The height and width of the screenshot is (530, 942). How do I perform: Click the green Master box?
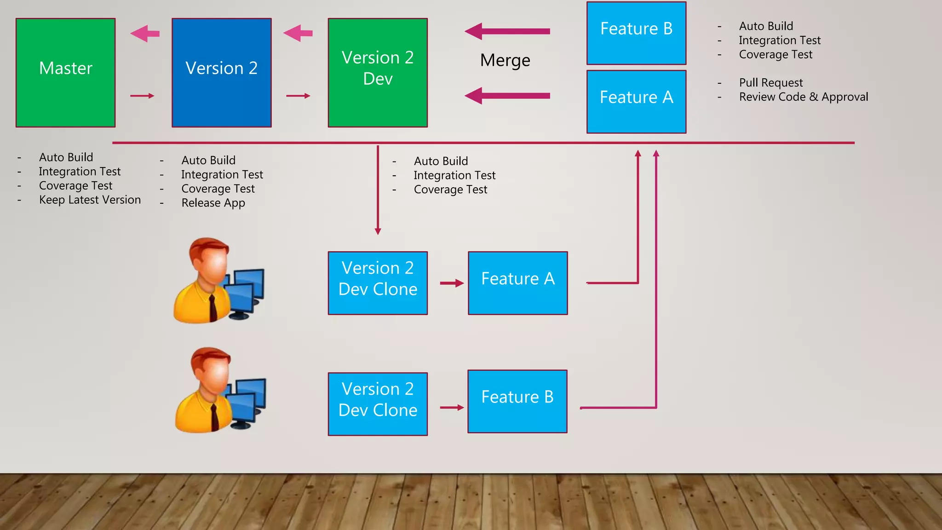point(65,73)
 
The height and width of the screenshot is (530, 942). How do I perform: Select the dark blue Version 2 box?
point(221,73)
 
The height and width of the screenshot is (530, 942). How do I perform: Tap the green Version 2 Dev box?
point(378,73)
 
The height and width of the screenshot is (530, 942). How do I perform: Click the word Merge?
point(505,60)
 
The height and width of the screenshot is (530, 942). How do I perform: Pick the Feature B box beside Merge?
point(636,33)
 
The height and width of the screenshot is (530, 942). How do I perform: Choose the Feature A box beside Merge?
point(636,102)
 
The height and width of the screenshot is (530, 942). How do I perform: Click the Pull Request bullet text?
point(770,83)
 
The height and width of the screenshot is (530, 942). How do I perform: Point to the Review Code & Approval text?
point(803,97)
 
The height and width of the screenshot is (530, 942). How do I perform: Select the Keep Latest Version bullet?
point(90,200)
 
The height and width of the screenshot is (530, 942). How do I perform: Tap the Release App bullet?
point(213,203)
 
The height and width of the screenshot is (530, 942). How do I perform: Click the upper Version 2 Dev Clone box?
point(378,283)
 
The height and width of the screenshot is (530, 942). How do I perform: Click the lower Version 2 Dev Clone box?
point(378,404)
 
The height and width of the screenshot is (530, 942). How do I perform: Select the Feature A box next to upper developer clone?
point(517,283)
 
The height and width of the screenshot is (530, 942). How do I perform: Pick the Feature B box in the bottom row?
point(517,401)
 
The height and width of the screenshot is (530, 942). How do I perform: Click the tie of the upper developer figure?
point(213,307)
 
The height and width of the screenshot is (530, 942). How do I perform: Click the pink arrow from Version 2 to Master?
point(145,34)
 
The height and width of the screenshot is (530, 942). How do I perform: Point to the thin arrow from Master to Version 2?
point(142,96)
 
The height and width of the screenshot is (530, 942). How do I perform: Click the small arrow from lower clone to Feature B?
point(452,408)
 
